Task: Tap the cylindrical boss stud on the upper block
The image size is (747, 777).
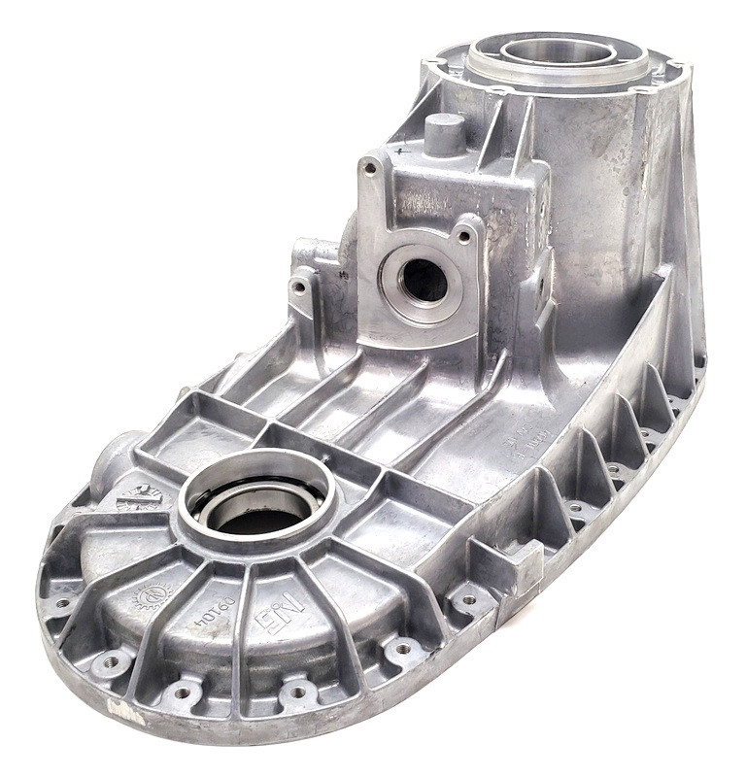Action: [444, 133]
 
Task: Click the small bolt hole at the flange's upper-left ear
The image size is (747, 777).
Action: [369, 168]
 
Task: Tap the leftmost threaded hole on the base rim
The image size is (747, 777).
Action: [62, 603]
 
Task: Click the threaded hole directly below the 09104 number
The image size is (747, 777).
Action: [181, 692]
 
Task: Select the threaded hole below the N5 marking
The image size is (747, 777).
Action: [297, 693]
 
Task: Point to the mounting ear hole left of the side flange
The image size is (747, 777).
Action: [299, 287]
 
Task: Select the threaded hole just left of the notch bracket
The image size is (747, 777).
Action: [468, 600]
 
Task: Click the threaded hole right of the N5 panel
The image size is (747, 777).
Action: [402, 648]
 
